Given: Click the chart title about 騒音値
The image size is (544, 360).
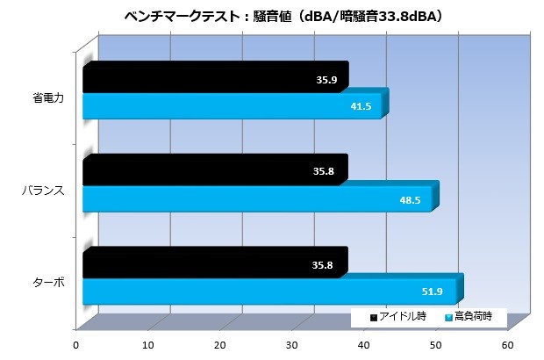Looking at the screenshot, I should click(x=272, y=15).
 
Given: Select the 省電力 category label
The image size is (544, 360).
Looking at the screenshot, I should click(x=47, y=98).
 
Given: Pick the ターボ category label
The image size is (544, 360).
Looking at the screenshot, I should click(x=47, y=284).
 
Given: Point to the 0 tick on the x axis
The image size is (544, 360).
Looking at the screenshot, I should click(x=77, y=343).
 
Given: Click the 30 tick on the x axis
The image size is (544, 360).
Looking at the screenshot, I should click(x=293, y=343).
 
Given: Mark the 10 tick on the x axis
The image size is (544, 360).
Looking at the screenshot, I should click(x=149, y=343).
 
